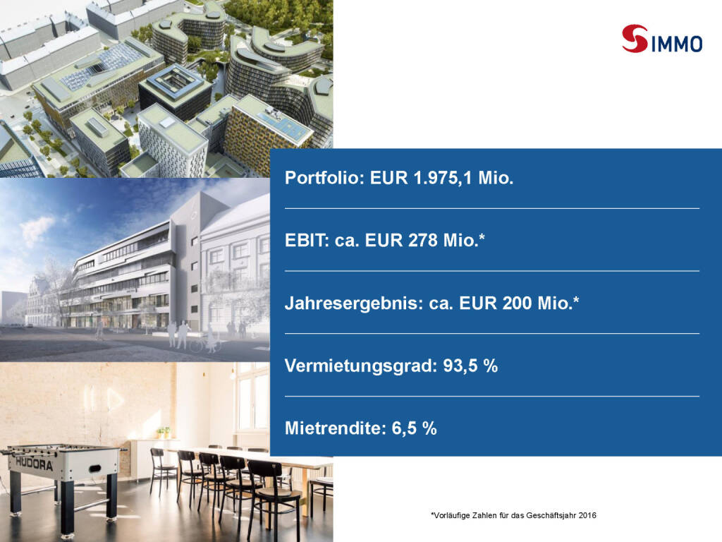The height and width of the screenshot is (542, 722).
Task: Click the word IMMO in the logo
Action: (x=676, y=44)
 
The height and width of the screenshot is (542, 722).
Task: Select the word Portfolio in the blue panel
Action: (x=325, y=177)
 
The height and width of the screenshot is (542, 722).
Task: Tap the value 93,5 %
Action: (x=470, y=366)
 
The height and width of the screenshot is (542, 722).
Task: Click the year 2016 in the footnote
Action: (x=587, y=515)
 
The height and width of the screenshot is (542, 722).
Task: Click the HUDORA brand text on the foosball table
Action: (x=35, y=463)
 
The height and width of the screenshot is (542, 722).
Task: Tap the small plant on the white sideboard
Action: (x=164, y=433)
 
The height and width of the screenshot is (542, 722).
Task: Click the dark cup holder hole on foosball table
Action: (x=95, y=469)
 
